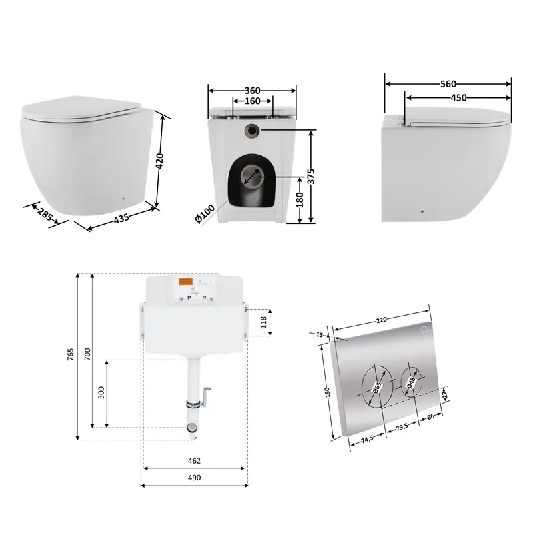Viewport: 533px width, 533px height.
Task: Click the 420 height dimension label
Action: pyautogui.click(x=159, y=161)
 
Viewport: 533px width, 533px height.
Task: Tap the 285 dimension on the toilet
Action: pyautogui.click(x=45, y=214)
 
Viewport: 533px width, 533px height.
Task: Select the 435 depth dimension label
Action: pyautogui.click(x=121, y=219)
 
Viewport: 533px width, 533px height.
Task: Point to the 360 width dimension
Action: pyautogui.click(x=253, y=91)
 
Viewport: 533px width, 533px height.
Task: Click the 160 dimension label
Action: pyautogui.click(x=253, y=101)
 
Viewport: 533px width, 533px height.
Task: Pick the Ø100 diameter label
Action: pyautogui.click(x=205, y=213)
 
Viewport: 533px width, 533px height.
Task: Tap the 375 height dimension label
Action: pyautogui.click(x=310, y=176)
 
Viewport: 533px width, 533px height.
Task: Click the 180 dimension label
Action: pyautogui.click(x=299, y=200)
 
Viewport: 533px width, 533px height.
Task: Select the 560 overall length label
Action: pyautogui.click(x=448, y=84)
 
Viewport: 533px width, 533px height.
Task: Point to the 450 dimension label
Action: pyautogui.click(x=458, y=98)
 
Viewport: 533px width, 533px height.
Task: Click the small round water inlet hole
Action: pyautogui.click(x=252, y=130)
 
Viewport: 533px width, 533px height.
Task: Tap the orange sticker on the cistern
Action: pyautogui.click(x=186, y=282)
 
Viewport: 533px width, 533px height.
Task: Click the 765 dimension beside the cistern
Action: pyautogui.click(x=70, y=354)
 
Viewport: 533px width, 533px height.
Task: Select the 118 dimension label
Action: pyautogui.click(x=263, y=322)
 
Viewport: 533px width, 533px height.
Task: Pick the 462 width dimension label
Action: pyautogui.click(x=194, y=461)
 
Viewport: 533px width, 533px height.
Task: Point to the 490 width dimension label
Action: pyautogui.click(x=194, y=478)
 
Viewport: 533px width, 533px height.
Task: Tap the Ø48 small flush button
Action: pyautogui.click(x=411, y=382)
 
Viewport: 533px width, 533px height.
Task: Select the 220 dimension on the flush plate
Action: pyautogui.click(x=381, y=320)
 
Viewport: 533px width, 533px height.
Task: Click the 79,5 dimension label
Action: pyautogui.click(x=402, y=426)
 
